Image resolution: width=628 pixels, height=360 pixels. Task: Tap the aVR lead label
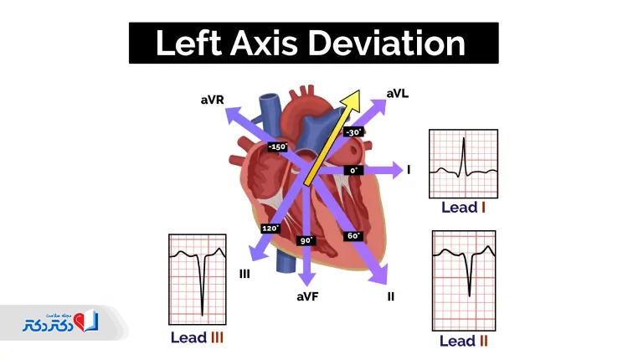[x=213, y=100]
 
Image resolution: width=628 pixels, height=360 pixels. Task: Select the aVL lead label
[x=397, y=94]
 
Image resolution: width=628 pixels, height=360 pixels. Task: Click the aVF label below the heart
[x=307, y=296]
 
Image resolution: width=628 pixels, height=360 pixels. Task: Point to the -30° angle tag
[x=353, y=132]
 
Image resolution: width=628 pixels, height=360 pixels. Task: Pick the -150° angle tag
[x=277, y=147]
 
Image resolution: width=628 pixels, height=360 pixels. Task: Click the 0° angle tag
[x=353, y=171]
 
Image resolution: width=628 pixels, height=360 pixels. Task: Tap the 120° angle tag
[x=270, y=229]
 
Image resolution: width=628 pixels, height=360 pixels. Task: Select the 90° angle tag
[x=306, y=240]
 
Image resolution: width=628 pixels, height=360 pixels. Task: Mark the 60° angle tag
[x=353, y=236]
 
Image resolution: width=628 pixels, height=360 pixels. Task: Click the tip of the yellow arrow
[x=359, y=90]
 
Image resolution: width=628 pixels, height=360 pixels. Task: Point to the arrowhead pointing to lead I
[x=397, y=170]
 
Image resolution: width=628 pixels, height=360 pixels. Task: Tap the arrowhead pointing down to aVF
[x=306, y=279]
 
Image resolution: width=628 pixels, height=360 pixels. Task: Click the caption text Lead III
[x=197, y=337]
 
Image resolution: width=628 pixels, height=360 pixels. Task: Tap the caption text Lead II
[x=463, y=342]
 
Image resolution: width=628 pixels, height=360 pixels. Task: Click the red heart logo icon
[x=80, y=321]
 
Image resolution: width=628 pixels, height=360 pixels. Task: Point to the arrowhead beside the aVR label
[x=234, y=115]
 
